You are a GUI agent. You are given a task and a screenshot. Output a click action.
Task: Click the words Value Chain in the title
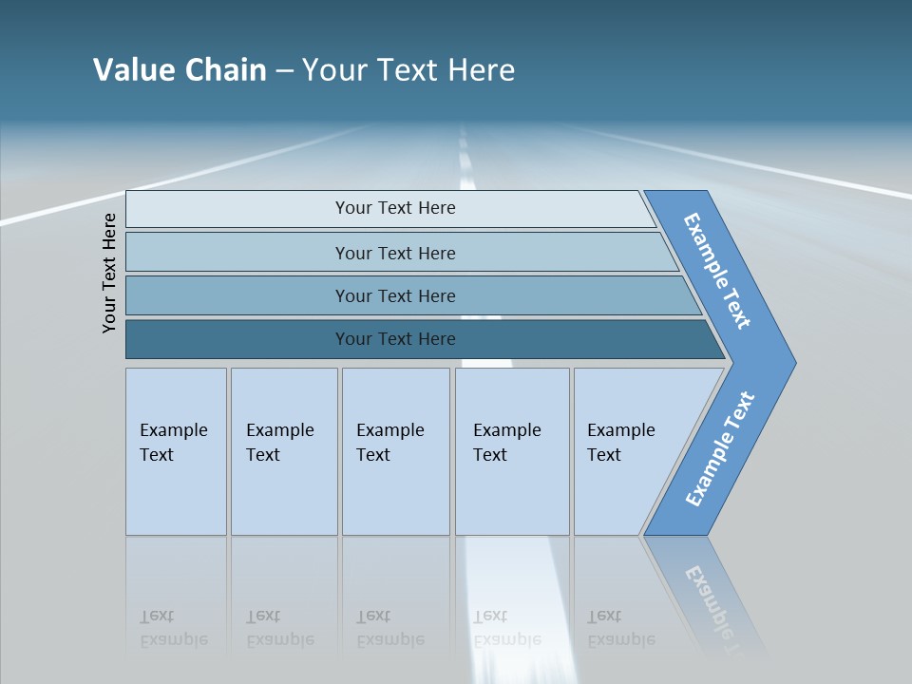(180, 70)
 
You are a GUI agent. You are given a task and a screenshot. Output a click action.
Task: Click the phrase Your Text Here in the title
(408, 70)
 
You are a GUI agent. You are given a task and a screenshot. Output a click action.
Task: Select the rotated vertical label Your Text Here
(109, 273)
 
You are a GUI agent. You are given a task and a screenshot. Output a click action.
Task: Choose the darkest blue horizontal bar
(237, 339)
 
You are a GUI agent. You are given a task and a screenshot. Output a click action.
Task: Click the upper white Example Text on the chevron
(717, 271)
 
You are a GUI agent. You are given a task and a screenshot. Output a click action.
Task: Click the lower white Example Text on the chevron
(720, 449)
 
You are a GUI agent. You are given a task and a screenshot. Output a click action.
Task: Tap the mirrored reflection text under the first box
(173, 628)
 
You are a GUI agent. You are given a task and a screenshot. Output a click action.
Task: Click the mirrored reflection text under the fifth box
(620, 628)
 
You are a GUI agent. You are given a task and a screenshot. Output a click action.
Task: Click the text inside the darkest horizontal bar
(395, 339)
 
